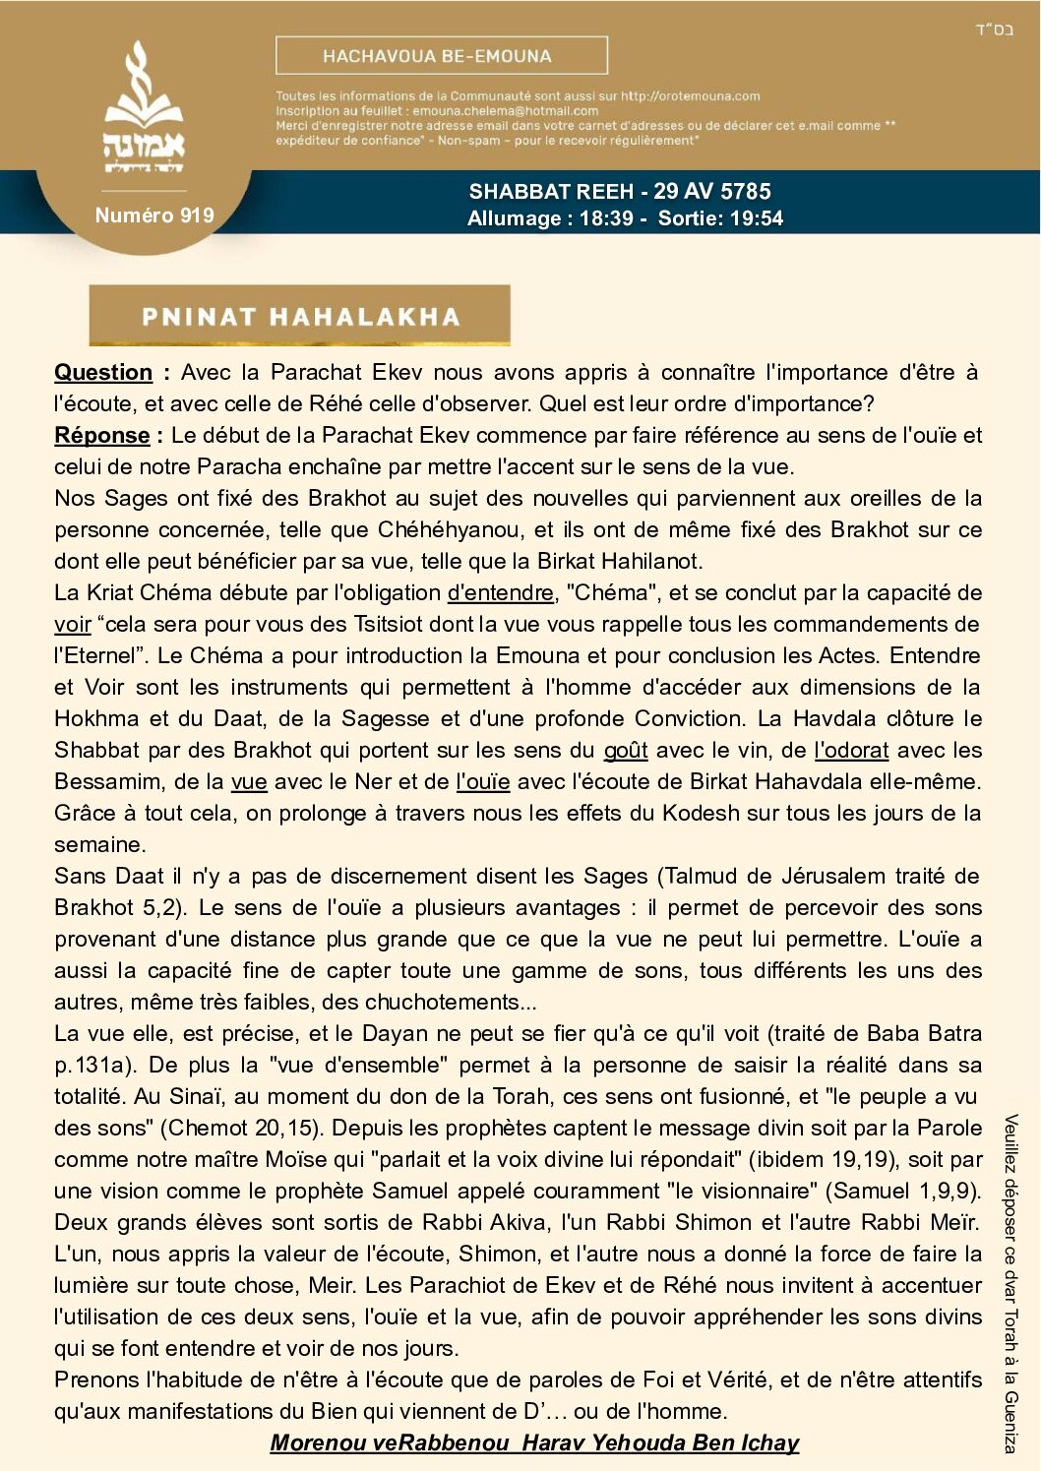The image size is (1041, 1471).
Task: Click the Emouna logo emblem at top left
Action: point(144,110)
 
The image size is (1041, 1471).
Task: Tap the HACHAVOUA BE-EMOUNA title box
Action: point(441,56)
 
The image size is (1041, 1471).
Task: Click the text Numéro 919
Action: point(154,215)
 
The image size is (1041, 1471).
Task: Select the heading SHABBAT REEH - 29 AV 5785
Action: point(619,192)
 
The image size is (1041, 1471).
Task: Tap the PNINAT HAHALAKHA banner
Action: point(300,316)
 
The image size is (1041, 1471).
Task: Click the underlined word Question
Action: point(103,373)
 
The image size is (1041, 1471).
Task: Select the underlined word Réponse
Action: point(102,436)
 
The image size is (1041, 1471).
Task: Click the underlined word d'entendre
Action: point(500,593)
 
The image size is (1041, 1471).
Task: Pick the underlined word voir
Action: point(73,625)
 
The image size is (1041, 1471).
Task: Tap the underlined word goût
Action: point(625,751)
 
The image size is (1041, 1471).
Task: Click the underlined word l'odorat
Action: point(851,751)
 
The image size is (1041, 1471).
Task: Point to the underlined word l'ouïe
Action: point(482,782)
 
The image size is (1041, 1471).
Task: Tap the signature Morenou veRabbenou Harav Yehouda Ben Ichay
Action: point(534,1442)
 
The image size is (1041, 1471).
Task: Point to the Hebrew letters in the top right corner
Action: point(994,30)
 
